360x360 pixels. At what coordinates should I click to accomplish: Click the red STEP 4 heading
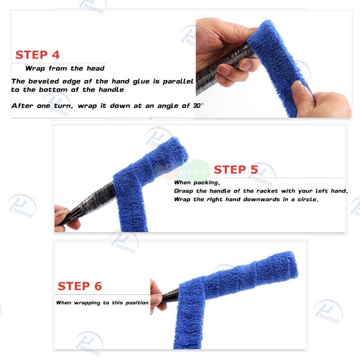(x=37, y=55)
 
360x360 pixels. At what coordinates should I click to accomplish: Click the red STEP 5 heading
(x=236, y=170)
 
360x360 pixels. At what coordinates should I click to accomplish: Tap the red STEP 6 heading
(x=80, y=286)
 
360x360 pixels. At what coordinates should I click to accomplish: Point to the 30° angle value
(x=198, y=106)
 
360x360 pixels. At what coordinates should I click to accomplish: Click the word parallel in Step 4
(x=178, y=81)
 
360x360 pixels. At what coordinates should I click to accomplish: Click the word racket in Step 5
(x=267, y=191)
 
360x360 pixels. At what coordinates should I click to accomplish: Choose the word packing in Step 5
(x=207, y=183)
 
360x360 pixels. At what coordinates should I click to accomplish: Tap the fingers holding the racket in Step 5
(x=65, y=218)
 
